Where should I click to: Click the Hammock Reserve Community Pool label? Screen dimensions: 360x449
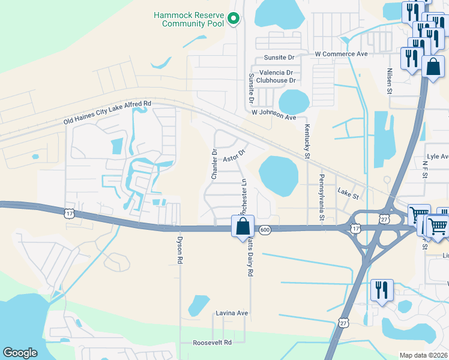(188, 19)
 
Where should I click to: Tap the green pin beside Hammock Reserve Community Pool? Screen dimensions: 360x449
(235, 20)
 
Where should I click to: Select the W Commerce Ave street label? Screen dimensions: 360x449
(341, 54)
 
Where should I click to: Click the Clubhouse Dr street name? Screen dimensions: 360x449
(276, 80)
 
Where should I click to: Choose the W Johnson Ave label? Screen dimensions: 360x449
(274, 115)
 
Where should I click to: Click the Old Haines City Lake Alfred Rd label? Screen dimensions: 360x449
(108, 113)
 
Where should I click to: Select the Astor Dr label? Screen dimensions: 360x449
(235, 155)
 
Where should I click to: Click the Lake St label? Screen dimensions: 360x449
(348, 194)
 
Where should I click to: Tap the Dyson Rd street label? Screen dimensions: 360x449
(179, 250)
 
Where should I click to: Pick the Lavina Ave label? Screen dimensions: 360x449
(232, 313)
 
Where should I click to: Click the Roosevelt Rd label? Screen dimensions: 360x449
(212, 343)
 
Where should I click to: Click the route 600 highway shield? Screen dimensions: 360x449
(265, 230)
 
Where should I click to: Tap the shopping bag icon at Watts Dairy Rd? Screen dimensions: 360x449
(243, 227)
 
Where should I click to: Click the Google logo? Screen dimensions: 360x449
(20, 353)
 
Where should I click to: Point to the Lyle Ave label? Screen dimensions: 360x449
(437, 157)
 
